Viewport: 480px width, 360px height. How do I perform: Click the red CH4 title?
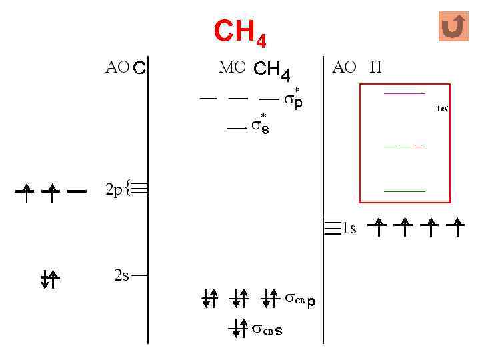coord(239,33)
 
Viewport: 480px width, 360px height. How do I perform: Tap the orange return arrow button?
coord(453,27)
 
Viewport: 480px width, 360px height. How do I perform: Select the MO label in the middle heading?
coord(232,67)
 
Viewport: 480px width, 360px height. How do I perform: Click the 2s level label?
coord(121,275)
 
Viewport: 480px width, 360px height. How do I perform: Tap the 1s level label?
coord(349,229)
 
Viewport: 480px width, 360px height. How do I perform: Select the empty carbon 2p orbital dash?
coord(77,192)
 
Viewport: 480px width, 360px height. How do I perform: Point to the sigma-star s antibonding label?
coord(261,126)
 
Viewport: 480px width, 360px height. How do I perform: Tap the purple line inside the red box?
coord(405,93)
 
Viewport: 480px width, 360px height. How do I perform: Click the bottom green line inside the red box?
coord(405,191)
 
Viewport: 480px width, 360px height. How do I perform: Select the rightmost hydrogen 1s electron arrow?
coord(457,227)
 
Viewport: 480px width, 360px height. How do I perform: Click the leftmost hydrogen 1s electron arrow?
coord(377,227)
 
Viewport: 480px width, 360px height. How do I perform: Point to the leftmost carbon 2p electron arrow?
coord(25,192)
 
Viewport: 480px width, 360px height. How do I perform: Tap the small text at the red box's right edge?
coord(442,108)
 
